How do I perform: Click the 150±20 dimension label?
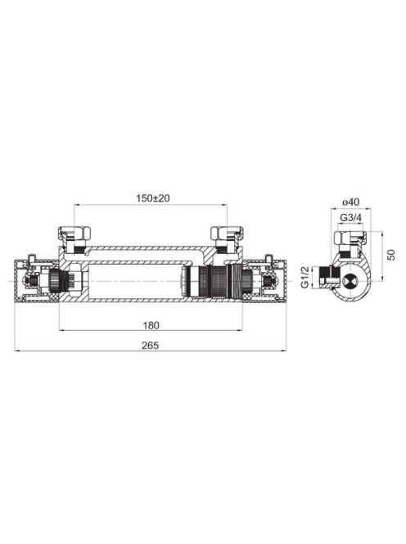[152, 198]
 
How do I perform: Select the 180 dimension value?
[151, 325]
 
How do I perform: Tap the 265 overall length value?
[150, 346]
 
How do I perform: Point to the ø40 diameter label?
[351, 202]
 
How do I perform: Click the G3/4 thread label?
[351, 218]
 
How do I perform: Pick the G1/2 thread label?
[305, 277]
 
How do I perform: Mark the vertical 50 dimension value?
[391, 255]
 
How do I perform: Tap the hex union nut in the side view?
[350, 238]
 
